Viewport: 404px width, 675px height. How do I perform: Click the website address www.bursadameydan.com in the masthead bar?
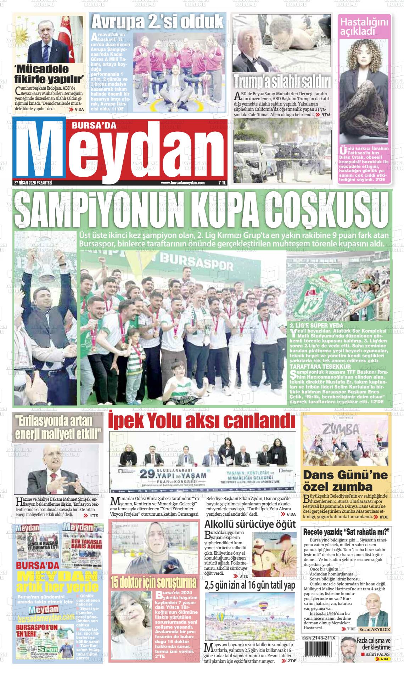[183, 183]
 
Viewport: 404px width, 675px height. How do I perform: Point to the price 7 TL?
[222, 183]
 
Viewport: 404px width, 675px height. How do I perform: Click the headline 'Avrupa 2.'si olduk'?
[157, 22]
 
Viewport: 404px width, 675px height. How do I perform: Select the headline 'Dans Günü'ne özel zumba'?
[346, 480]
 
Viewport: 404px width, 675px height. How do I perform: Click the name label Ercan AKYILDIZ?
[374, 629]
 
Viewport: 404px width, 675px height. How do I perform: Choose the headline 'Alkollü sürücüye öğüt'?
[250, 524]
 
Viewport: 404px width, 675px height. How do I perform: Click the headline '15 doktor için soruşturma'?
[153, 583]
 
